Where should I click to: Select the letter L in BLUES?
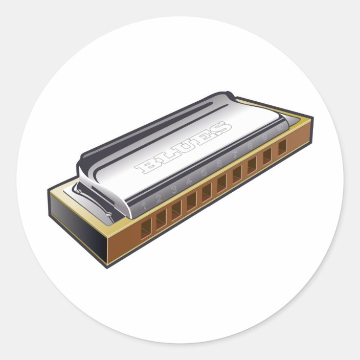165,155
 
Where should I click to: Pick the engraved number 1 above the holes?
144,206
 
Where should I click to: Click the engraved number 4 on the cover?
189,181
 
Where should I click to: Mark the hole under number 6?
221,183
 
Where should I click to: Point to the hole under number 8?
252,165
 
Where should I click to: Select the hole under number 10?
282,147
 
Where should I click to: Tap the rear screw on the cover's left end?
78,191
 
